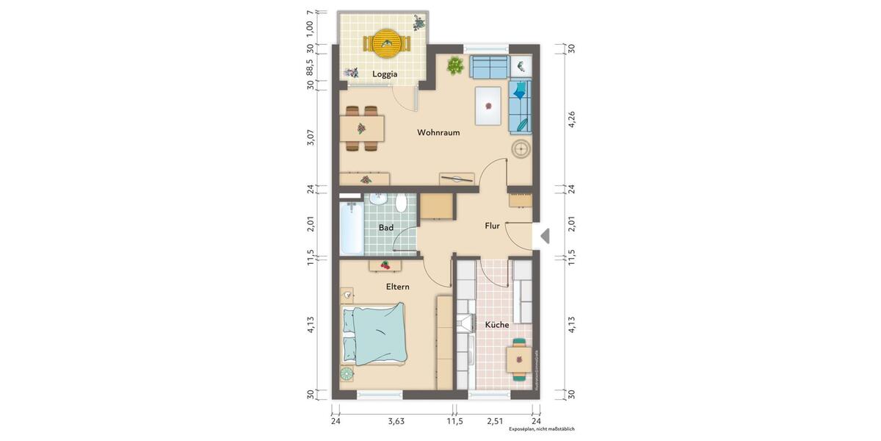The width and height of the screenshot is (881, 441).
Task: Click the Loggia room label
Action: click(x=385, y=74)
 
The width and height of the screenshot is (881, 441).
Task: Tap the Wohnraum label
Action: click(x=438, y=133)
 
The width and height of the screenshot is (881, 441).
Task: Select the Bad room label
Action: click(x=385, y=228)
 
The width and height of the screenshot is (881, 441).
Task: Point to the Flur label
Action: click(x=492, y=226)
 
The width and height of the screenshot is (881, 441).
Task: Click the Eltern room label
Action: click(x=397, y=287)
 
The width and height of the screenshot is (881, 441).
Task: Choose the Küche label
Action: click(x=496, y=324)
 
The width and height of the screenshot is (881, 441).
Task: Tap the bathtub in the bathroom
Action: click(x=351, y=226)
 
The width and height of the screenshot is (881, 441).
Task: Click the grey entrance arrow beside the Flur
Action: click(x=544, y=236)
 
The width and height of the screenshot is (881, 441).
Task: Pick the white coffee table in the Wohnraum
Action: click(x=488, y=106)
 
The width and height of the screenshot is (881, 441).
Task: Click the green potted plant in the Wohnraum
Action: click(x=455, y=66)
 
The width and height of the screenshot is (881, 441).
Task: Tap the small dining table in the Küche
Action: click(x=520, y=359)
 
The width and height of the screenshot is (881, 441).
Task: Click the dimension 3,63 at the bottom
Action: click(x=396, y=421)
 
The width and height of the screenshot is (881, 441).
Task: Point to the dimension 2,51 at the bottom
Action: click(x=495, y=421)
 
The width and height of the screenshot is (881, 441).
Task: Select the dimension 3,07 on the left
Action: click(x=311, y=137)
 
